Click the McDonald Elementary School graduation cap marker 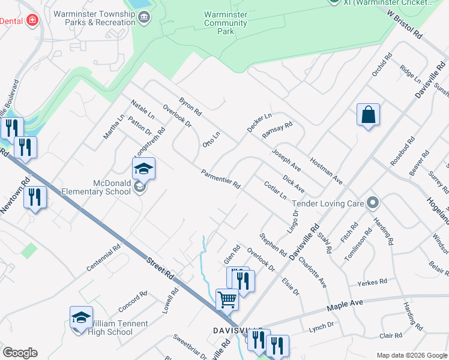tap(143, 169)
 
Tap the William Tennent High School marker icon tap(82, 318)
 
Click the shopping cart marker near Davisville tap(228, 299)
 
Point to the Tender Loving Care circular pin tap(372, 203)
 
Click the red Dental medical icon tap(32, 20)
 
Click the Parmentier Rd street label tap(220, 178)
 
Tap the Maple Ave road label tap(345, 306)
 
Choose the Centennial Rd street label tap(103, 258)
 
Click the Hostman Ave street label tap(326, 170)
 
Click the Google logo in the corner tap(20, 353)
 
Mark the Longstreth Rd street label tap(153, 139)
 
